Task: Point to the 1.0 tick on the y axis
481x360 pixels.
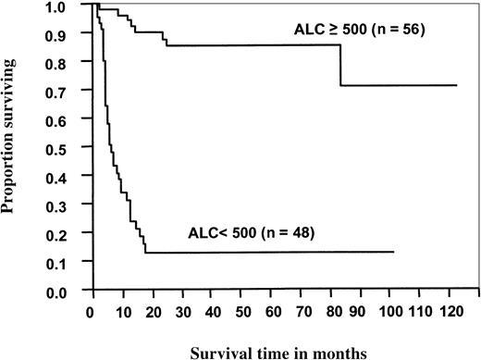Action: coord(75,6)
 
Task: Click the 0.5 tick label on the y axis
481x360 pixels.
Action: coord(75,148)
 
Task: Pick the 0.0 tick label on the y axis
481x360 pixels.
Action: coord(75,292)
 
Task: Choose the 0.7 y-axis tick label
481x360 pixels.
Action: coord(75,91)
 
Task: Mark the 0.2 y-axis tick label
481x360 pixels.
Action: coord(75,234)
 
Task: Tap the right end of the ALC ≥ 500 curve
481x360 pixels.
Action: coord(457,85)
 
